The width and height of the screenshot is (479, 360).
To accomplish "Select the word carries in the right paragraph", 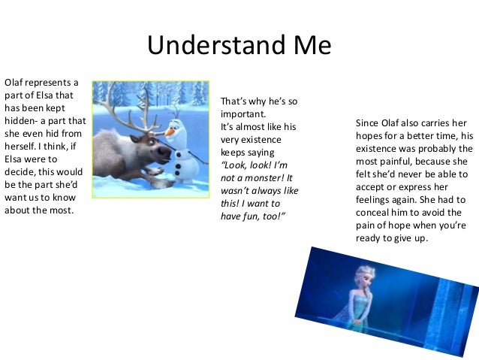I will click(x=437, y=123).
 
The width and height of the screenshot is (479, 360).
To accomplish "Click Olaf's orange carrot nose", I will click(x=172, y=132).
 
